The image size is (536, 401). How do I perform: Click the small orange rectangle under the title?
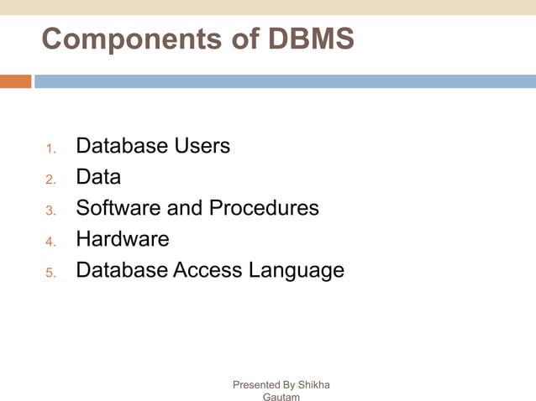click(15, 81)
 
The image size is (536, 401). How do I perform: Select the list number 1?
click(50, 149)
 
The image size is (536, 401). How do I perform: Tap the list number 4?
click(50, 242)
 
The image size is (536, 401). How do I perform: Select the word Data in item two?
click(98, 177)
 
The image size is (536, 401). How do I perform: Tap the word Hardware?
click(123, 239)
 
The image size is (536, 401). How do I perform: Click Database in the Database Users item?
click(122, 146)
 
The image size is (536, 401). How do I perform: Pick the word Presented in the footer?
click(257, 385)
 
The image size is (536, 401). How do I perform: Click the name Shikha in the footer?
click(314, 385)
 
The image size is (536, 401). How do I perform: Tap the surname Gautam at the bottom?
click(281, 397)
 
